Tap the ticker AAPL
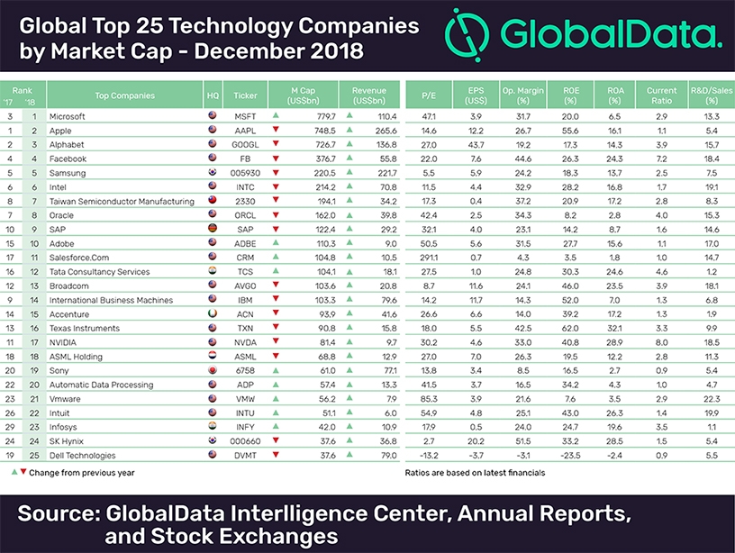pyautogui.click(x=245, y=130)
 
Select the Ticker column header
pyautogui.click(x=245, y=95)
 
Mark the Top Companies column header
pyautogui.click(x=124, y=95)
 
